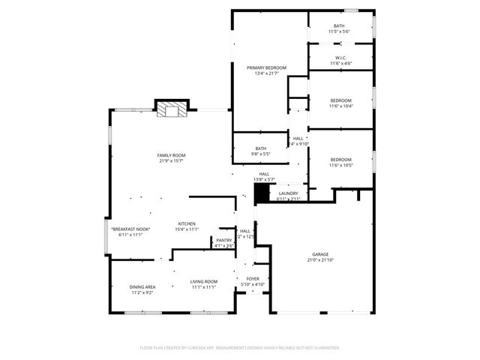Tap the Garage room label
click(320, 254)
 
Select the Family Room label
click(171, 155)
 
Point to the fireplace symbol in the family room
click(172, 109)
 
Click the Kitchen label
click(187, 223)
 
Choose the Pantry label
click(224, 240)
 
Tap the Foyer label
click(252, 278)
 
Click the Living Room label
click(203, 281)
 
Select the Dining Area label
click(143, 286)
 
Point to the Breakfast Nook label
click(130, 229)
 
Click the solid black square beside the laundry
click(261, 193)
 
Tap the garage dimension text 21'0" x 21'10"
click(320, 260)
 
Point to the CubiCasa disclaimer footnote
click(240, 348)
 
